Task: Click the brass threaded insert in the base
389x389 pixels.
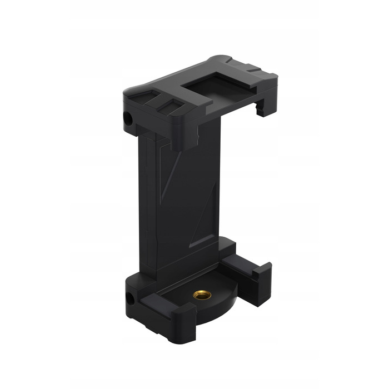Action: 199,293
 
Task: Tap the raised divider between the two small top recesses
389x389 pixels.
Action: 161,103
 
